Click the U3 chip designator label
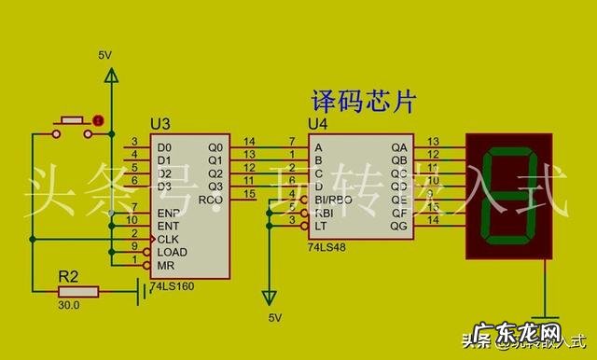pos(161,125)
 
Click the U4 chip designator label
pos(318,125)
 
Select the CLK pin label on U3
pos(169,239)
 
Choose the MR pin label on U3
pos(164,266)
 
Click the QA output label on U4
pos(399,147)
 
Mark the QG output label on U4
pos(399,225)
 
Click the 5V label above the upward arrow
pos(105,56)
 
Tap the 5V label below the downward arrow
pos(275,318)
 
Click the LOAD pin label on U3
pos(171,252)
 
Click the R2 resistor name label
pos(68,277)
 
